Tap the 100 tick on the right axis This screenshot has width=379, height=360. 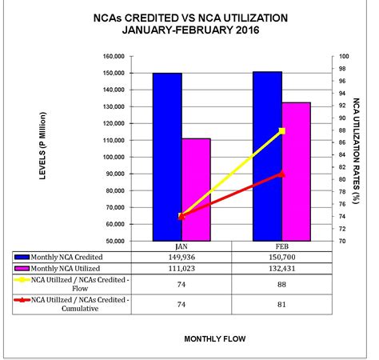[345, 57]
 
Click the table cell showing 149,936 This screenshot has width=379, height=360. [182, 258]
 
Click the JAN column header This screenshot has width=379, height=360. [182, 247]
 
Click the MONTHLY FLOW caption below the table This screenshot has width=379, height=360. [215, 338]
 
